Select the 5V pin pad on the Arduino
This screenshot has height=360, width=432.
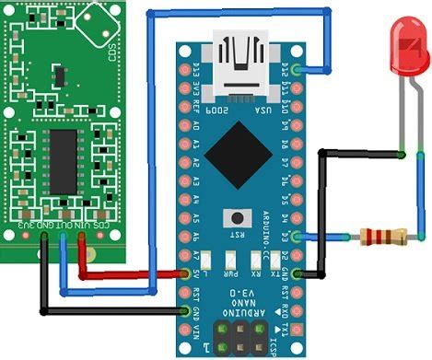pos(181,273)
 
